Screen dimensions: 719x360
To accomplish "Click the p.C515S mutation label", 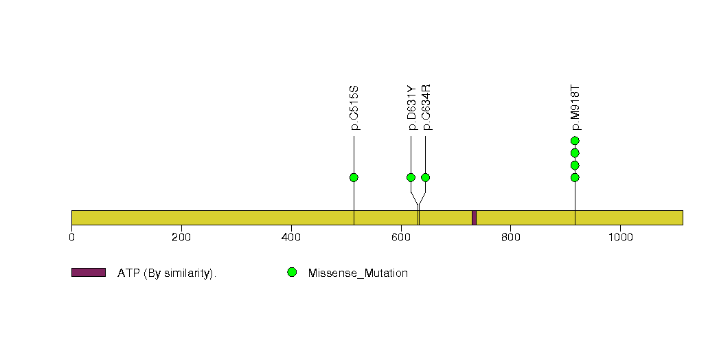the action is coord(354,108).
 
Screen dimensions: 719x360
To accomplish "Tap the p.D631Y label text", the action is coord(411,108).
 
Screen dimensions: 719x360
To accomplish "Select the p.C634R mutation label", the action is coord(426,108).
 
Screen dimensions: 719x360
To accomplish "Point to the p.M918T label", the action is coord(575,108).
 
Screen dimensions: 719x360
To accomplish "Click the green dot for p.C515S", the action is coord(354,177).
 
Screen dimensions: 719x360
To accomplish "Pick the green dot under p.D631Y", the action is coord(411,177).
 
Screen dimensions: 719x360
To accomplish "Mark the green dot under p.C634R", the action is coord(426,177).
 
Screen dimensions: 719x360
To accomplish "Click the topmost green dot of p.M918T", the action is coord(575,141).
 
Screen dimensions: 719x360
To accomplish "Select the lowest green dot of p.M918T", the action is coord(575,177).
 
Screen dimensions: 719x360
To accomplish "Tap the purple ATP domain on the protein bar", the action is coord(474,218).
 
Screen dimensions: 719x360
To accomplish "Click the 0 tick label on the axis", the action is coord(71,237).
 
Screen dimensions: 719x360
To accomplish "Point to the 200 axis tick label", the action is coord(181,237).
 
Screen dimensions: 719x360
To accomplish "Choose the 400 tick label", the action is coord(291,237).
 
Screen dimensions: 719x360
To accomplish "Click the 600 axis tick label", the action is coord(401,237).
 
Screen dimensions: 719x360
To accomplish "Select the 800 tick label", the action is coord(510,237).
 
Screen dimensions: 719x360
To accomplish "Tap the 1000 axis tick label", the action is coord(620,237).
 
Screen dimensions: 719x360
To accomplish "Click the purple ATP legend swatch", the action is coord(89,273).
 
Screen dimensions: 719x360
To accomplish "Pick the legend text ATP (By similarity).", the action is coord(167,273).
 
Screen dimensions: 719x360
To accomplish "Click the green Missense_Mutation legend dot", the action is coord(292,273).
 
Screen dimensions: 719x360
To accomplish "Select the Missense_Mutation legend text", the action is coord(358,273).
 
